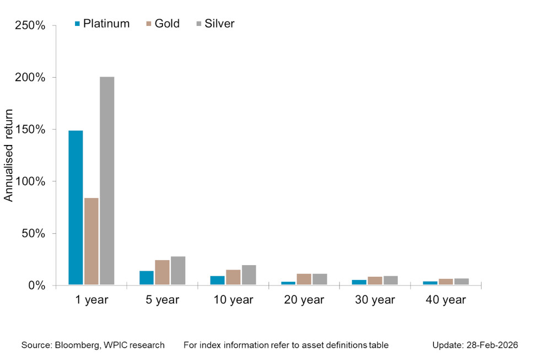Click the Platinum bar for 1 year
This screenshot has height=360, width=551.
click(x=75, y=208)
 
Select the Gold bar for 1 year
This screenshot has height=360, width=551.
click(x=91, y=241)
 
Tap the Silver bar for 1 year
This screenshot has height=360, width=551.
click(x=107, y=181)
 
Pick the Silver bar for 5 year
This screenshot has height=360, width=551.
click(x=178, y=271)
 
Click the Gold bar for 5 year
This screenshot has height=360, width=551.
click(x=162, y=272)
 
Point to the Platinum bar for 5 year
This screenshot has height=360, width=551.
click(x=147, y=278)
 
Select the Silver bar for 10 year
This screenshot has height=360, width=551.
click(x=249, y=275)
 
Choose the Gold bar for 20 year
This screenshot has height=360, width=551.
click(x=304, y=280)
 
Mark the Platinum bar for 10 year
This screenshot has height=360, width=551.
click(x=218, y=280)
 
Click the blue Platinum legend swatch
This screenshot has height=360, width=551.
click(x=77, y=24)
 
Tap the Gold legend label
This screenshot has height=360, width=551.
click(x=167, y=24)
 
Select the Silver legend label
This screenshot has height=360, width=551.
click(x=219, y=24)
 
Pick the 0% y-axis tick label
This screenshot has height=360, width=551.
click(x=37, y=286)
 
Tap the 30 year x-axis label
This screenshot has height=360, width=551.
click(x=375, y=300)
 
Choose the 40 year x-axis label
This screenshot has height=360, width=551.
click(x=446, y=300)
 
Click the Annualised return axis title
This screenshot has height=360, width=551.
click(x=9, y=155)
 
